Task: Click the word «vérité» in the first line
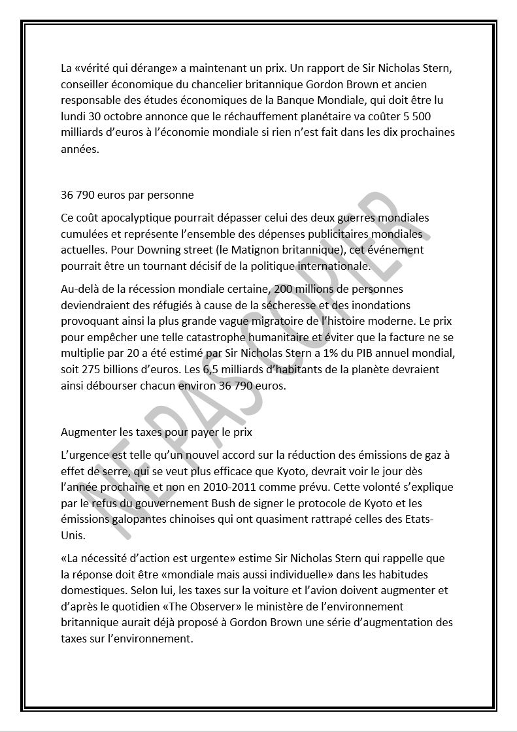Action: coord(95,67)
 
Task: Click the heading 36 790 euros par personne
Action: coord(127,195)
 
